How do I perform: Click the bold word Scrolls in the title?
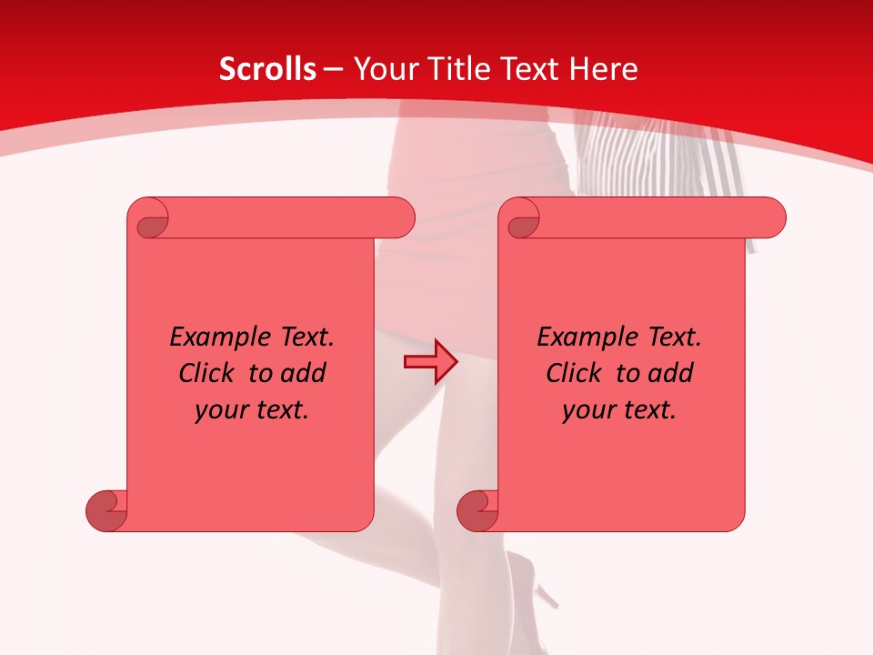pyautogui.click(x=267, y=68)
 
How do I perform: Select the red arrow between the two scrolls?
pyautogui.click(x=430, y=362)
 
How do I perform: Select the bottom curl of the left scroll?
pyautogui.click(x=107, y=509)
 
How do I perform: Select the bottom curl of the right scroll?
pyautogui.click(x=478, y=509)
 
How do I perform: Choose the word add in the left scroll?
pyautogui.click(x=304, y=373)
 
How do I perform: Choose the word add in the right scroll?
pyautogui.click(x=671, y=373)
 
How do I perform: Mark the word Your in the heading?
pyautogui.click(x=380, y=68)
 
